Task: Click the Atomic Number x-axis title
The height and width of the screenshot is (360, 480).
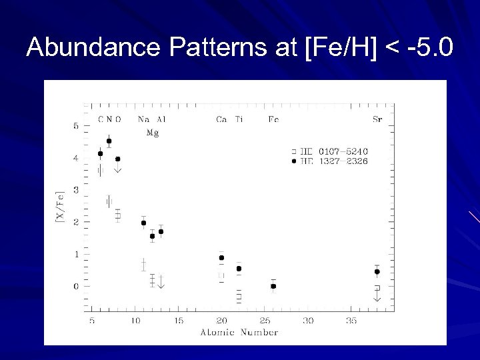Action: [x=239, y=332]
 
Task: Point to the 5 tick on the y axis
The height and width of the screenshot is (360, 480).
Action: [x=76, y=126]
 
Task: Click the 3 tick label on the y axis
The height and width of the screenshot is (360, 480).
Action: [x=76, y=190]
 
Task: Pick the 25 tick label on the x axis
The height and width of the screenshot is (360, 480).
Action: [x=265, y=321]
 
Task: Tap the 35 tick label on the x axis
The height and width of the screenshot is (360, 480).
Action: [x=351, y=321]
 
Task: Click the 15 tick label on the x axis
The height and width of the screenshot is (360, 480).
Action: [x=178, y=321]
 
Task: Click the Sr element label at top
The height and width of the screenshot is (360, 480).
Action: [x=377, y=119]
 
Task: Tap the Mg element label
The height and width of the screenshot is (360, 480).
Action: [x=153, y=132]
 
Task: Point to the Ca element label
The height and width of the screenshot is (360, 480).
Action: [x=221, y=119]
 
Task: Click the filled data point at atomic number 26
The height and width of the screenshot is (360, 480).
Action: [x=273, y=286]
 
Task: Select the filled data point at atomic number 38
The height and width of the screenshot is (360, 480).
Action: [x=377, y=271]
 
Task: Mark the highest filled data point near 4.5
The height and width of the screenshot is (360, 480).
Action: [x=109, y=141]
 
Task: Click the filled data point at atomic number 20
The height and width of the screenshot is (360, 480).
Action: [x=221, y=257]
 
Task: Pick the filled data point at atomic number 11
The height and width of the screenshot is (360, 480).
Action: [x=143, y=223]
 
